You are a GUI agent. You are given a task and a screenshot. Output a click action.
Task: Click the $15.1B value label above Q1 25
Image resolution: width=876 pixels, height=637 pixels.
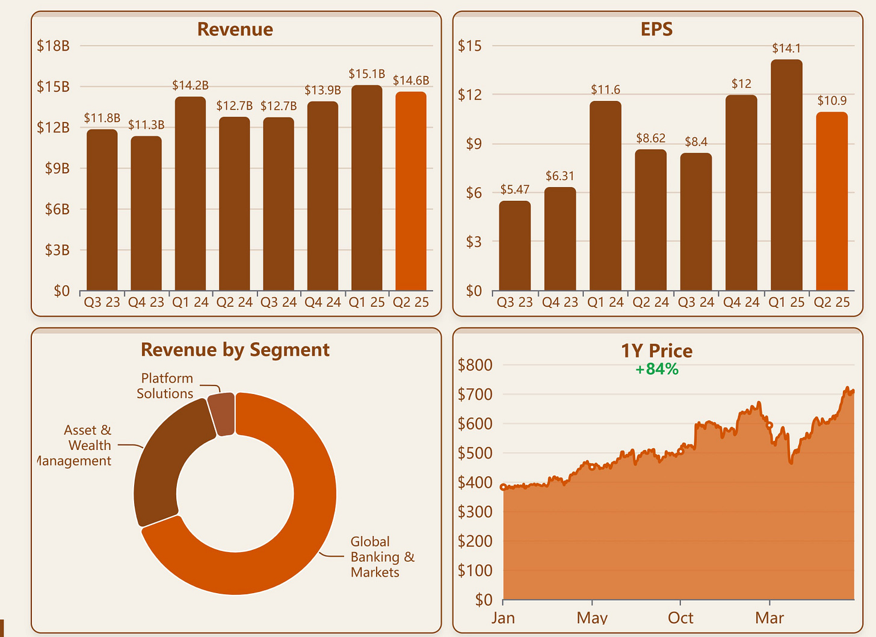pos(366,74)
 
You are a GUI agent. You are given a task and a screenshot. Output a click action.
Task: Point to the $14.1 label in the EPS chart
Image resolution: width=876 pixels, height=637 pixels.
pos(786,48)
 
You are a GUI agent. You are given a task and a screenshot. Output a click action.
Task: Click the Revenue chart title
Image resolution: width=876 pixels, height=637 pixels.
pos(235,29)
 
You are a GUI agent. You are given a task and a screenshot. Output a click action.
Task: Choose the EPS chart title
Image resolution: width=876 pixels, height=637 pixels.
pos(656,29)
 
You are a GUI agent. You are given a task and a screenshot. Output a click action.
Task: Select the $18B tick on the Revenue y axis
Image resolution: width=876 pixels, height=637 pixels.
pos(53,46)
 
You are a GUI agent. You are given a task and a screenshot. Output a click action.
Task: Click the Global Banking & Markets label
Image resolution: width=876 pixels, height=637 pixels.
pos(382,557)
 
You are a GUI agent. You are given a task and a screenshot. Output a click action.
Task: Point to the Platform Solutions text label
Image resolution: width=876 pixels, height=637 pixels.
pos(165,386)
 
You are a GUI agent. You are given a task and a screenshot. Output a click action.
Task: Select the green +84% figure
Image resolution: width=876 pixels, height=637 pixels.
pos(656,369)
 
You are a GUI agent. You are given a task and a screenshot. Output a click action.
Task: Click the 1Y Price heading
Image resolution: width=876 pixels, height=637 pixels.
pos(656,351)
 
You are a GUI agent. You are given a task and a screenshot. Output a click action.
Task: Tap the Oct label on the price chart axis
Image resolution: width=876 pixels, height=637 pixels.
pos(680,618)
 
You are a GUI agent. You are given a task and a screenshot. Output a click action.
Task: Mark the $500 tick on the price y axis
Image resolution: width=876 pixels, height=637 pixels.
pos(475,453)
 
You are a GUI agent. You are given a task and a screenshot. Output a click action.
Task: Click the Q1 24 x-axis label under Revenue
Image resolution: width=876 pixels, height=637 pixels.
pos(190,302)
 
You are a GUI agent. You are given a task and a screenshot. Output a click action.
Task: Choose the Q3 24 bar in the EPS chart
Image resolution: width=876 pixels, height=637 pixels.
pos(696,222)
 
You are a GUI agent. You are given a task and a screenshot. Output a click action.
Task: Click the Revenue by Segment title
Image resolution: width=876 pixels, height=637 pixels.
pos(235,349)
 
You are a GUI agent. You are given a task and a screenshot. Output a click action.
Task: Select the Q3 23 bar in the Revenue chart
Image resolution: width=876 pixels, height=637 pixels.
pos(102,210)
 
